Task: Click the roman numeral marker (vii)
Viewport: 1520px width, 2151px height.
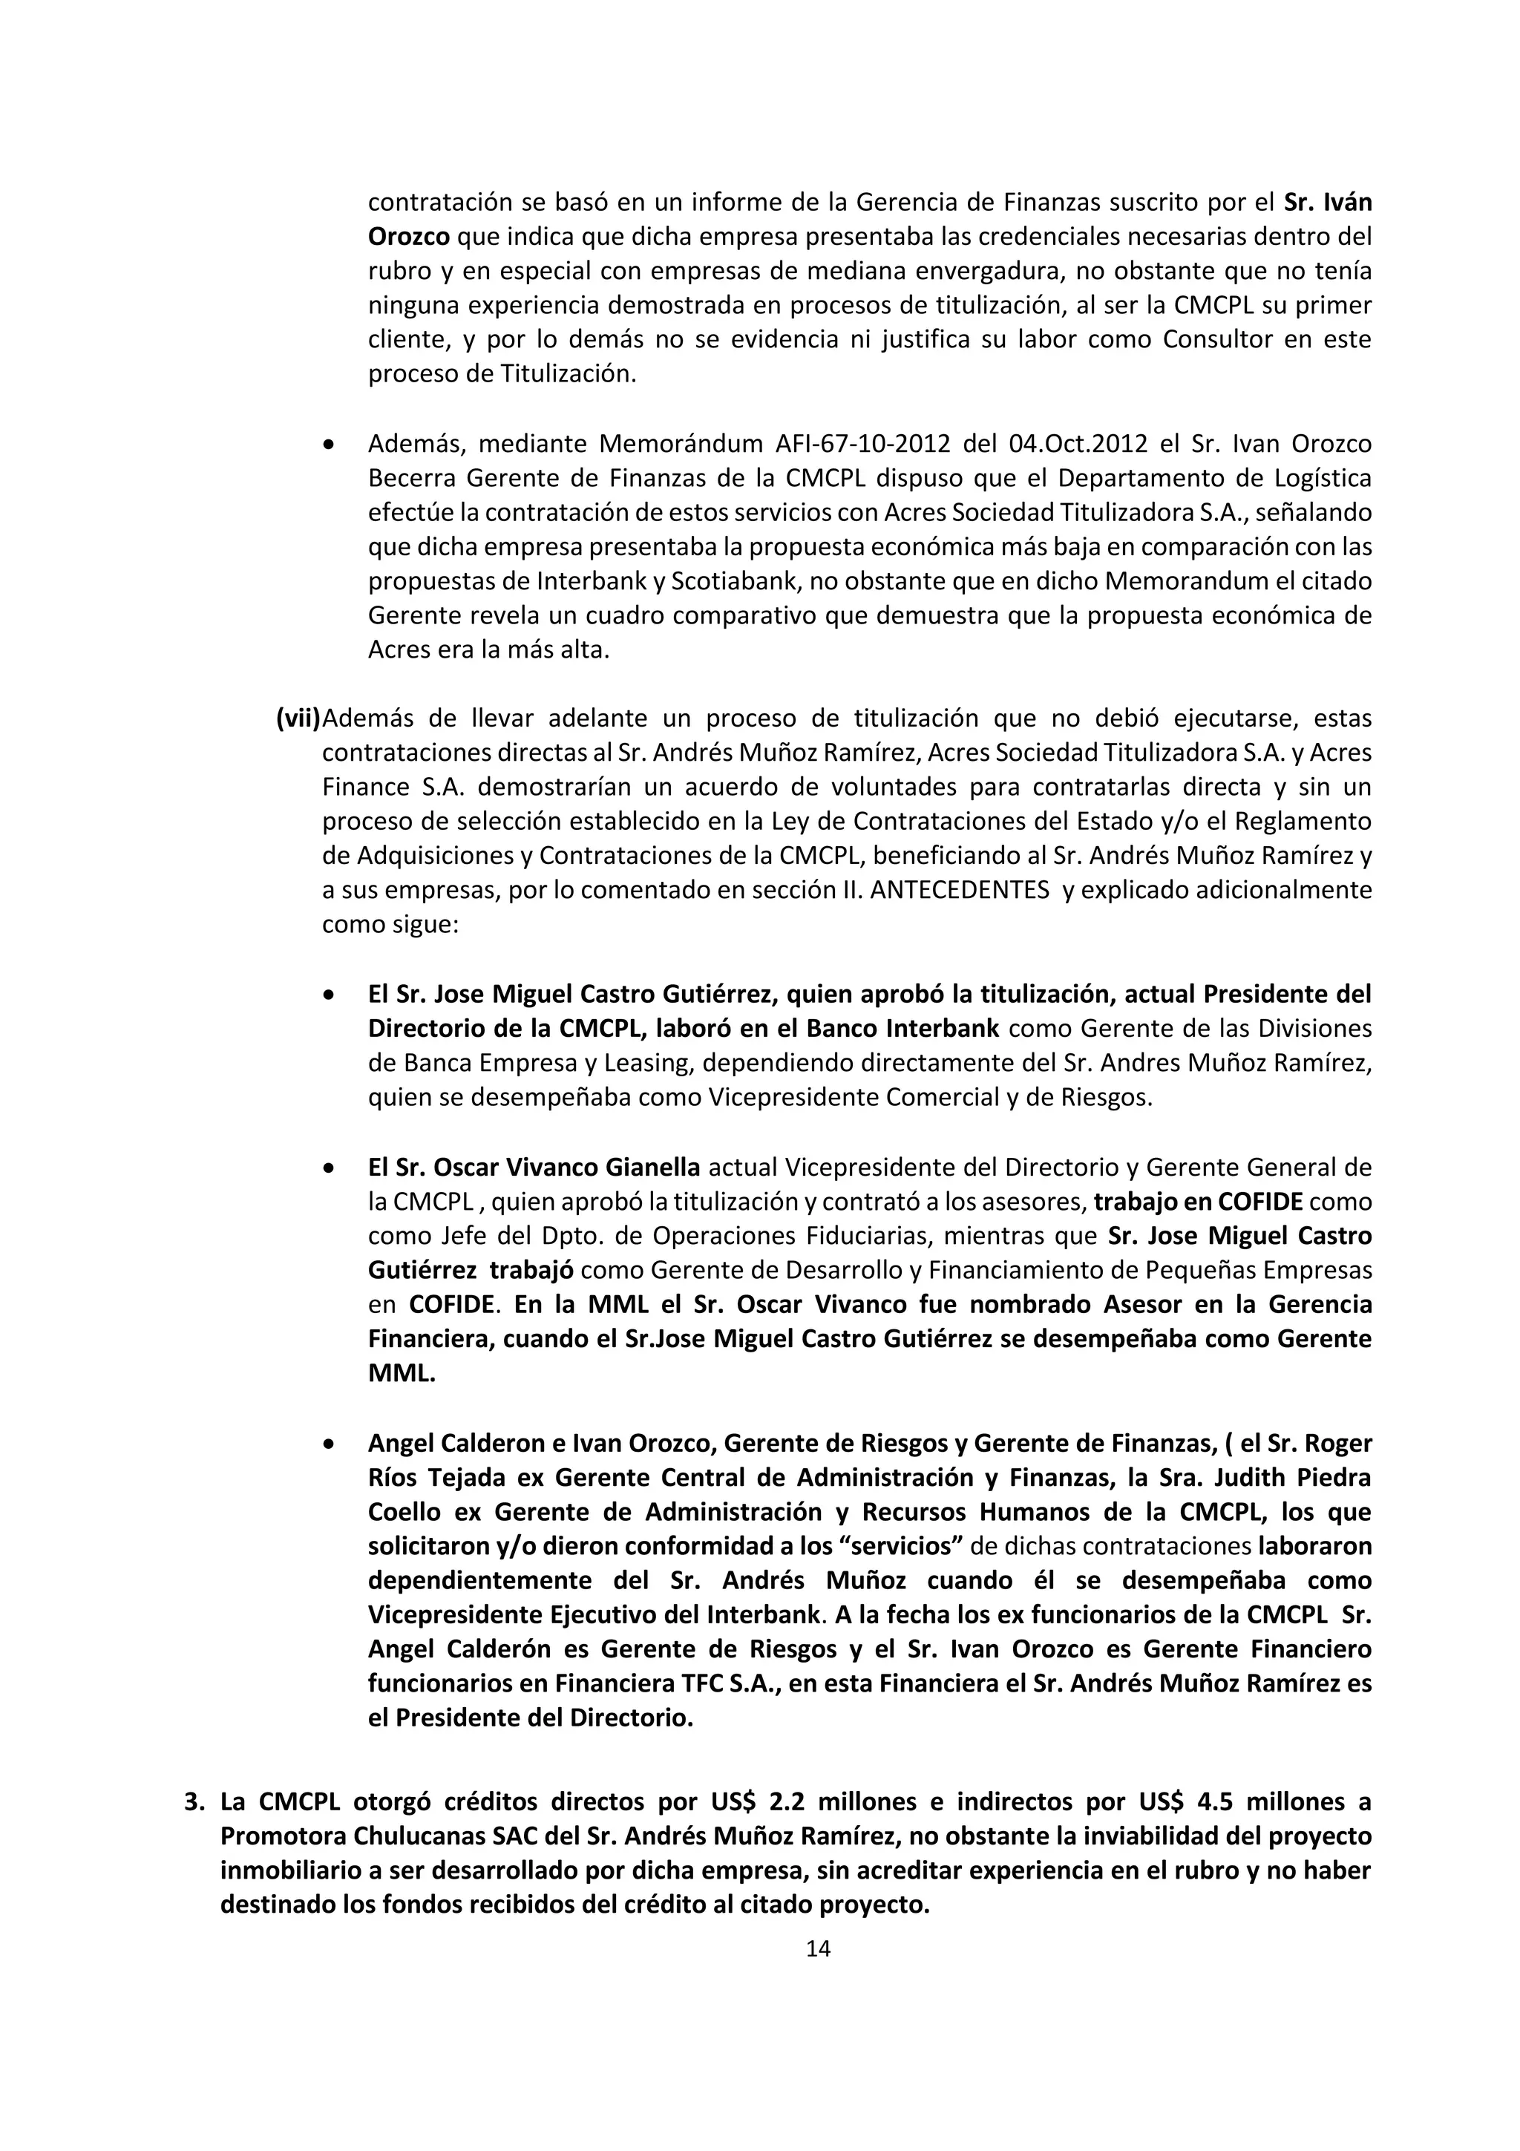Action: click(298, 718)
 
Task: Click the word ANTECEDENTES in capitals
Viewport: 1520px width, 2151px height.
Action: click(959, 890)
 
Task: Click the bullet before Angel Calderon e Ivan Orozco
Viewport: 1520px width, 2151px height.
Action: click(328, 1444)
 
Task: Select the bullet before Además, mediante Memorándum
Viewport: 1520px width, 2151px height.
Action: click(328, 445)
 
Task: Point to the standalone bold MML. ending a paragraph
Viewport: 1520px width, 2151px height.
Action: click(402, 1373)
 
